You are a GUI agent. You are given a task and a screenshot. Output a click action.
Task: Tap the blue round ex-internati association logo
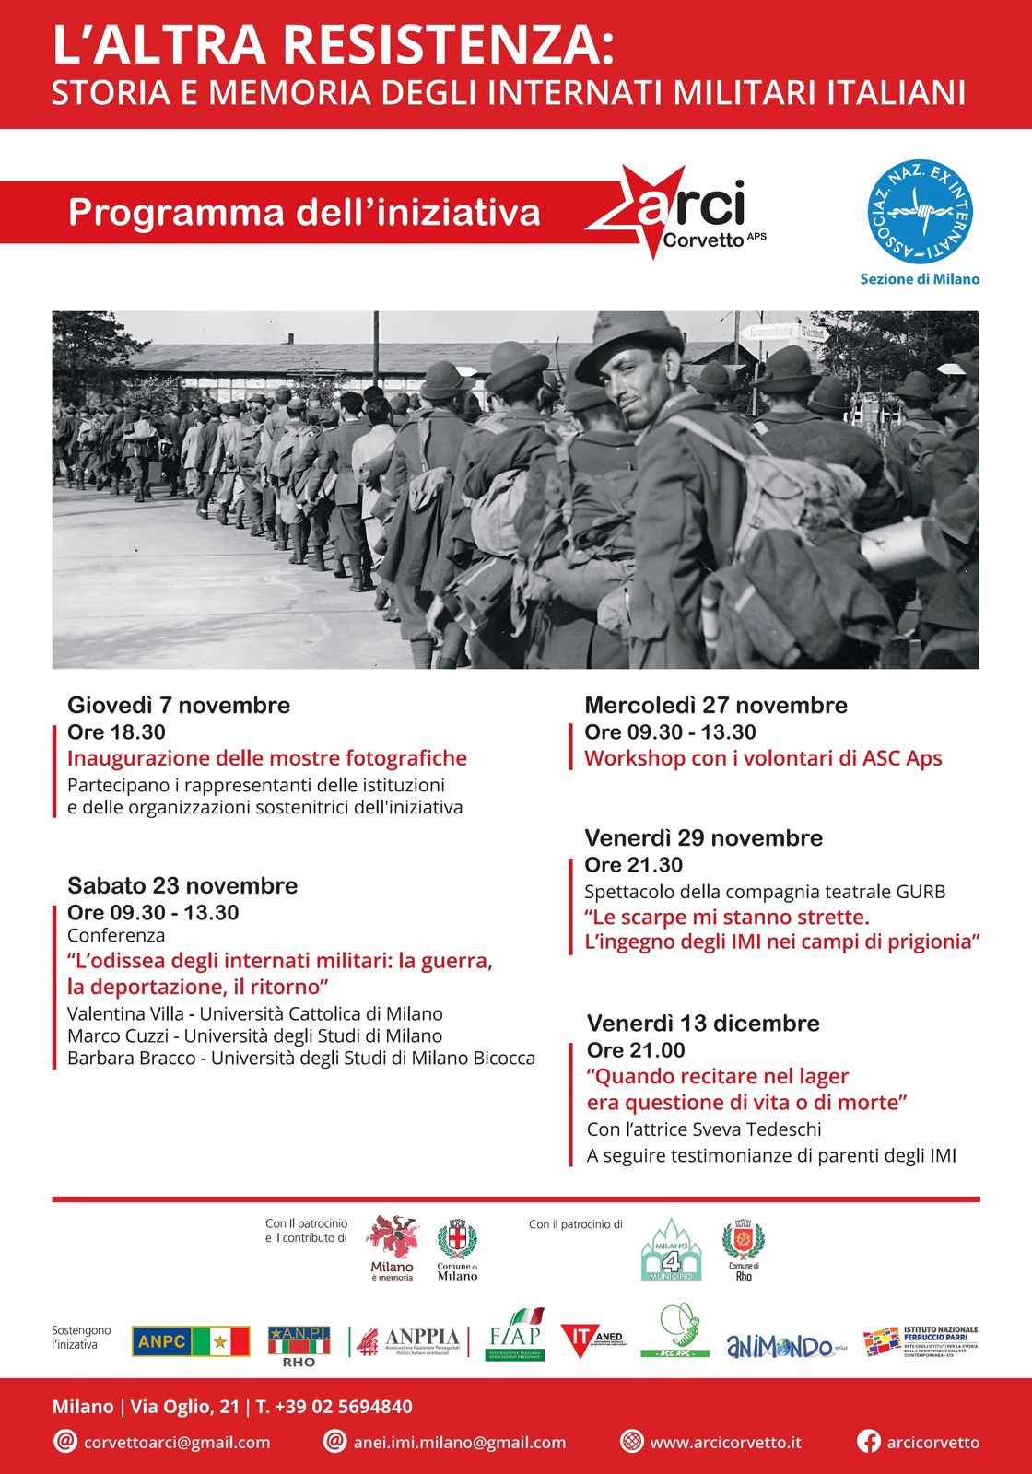click(x=920, y=212)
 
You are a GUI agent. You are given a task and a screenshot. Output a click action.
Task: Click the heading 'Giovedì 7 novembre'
click(x=179, y=705)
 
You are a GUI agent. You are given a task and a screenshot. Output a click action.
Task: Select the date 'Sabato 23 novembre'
click(x=182, y=885)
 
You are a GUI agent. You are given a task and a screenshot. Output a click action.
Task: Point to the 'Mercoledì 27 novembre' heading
click(x=716, y=705)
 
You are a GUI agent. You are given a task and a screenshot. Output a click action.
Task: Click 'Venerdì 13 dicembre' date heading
click(x=703, y=1023)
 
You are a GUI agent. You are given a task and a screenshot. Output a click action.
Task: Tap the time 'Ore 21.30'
click(x=633, y=865)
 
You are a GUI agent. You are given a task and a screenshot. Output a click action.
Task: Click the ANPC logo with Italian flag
click(x=191, y=1341)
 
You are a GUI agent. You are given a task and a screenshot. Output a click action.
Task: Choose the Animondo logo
click(x=785, y=1347)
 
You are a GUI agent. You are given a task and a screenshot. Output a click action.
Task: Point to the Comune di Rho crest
click(x=743, y=1248)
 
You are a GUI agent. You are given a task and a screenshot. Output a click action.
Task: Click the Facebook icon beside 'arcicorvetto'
click(x=868, y=1442)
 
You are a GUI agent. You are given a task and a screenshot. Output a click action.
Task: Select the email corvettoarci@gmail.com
click(x=177, y=1442)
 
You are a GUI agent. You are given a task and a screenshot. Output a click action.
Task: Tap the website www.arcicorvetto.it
click(x=725, y=1442)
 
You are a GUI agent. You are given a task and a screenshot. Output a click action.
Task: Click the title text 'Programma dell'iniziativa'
click(x=304, y=213)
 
